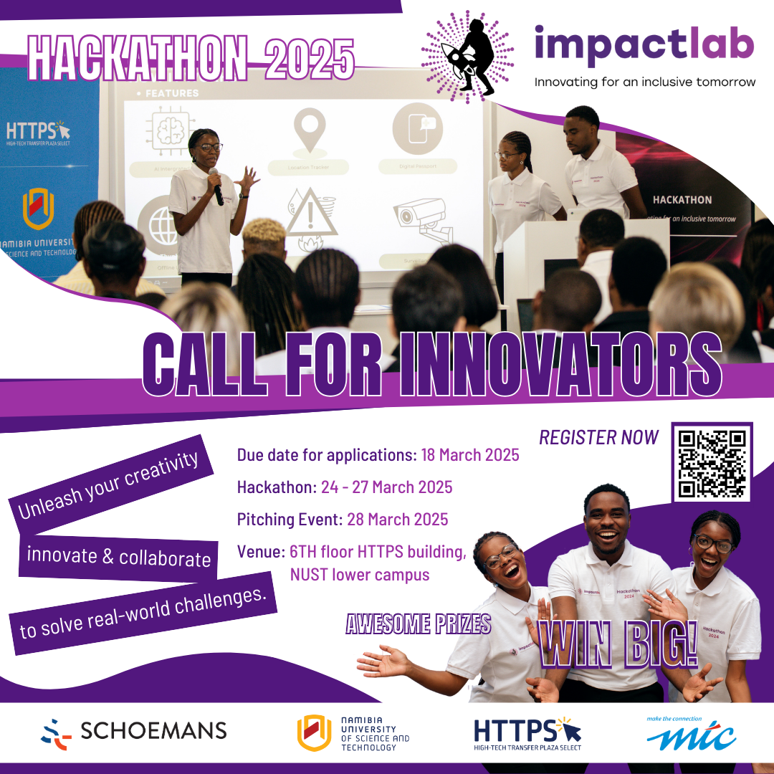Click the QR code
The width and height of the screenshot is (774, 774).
point(712,462)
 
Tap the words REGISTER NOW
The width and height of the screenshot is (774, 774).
point(598,437)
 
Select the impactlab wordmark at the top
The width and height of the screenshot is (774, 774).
point(644,43)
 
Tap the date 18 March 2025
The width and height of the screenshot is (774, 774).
point(470,455)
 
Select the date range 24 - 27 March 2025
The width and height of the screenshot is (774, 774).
point(386,487)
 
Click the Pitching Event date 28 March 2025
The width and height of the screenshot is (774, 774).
point(398,519)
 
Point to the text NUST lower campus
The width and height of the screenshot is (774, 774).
point(360,574)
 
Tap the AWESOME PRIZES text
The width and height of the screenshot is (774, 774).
point(419,623)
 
